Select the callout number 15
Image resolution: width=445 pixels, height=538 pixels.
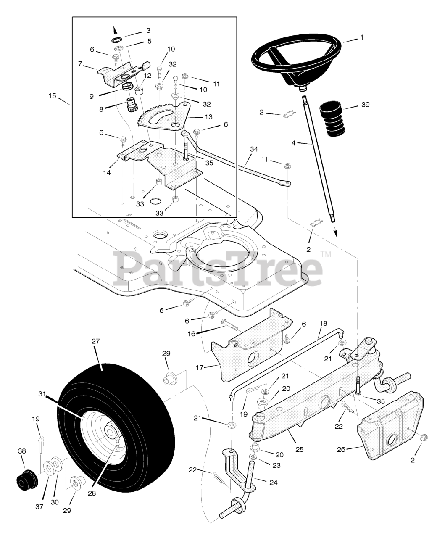52,96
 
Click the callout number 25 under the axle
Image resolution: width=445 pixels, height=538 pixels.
299,450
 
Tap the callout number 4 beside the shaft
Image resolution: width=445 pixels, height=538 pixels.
293,143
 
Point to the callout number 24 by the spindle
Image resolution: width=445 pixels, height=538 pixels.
273,483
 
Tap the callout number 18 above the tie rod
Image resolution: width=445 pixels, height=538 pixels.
323,324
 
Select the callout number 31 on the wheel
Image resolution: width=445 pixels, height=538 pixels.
41,394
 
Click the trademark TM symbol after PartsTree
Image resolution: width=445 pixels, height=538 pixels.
326,254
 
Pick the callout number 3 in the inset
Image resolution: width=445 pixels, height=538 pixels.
148,30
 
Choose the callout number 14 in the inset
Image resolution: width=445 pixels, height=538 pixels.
107,172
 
